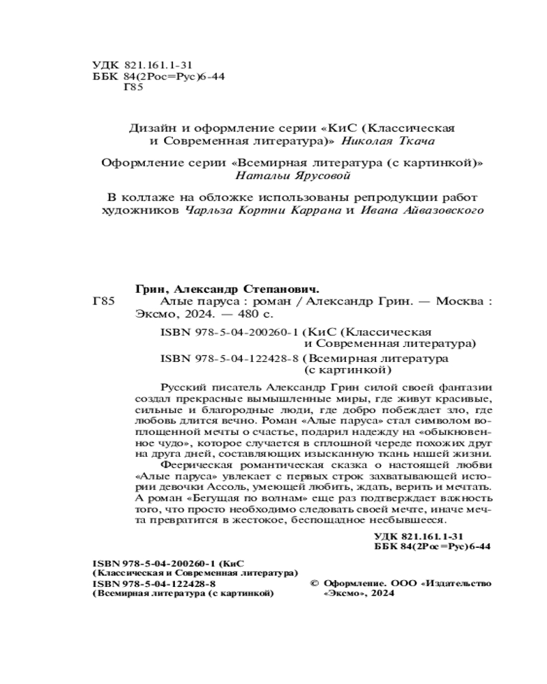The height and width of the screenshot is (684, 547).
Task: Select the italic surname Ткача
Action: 414,141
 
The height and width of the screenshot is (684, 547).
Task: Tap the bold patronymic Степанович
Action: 279,289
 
